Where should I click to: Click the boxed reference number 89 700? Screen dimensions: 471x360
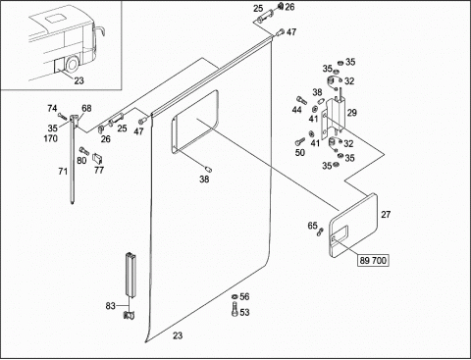click(373, 261)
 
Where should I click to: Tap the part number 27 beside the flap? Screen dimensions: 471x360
click(386, 215)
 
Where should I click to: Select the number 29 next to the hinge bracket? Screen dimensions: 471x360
click(351, 113)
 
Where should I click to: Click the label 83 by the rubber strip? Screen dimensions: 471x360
click(110, 306)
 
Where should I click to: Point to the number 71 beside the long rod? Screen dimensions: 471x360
click(63, 172)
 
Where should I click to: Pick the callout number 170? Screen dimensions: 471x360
click(51, 138)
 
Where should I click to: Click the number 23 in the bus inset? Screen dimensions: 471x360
click(78, 80)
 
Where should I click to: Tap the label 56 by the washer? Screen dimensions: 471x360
click(244, 296)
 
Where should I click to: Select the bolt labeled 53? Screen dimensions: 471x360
click(235, 310)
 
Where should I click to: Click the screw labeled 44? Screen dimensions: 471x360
click(301, 100)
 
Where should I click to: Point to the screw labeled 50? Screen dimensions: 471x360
click(300, 141)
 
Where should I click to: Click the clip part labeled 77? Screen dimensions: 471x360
click(98, 158)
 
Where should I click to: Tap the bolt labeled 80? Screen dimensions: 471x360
click(84, 151)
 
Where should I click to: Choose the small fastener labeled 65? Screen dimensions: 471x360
click(320, 232)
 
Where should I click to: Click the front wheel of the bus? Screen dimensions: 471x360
click(72, 65)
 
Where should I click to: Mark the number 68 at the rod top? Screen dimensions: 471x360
click(86, 108)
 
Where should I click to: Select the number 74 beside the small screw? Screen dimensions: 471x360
click(52, 108)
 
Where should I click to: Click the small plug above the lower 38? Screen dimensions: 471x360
click(208, 169)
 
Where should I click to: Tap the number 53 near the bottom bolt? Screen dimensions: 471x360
click(244, 312)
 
